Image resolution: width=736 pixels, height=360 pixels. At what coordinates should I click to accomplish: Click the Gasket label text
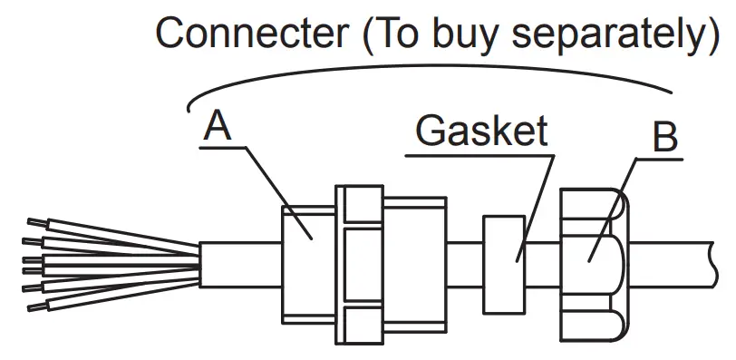pyautogui.click(x=481, y=131)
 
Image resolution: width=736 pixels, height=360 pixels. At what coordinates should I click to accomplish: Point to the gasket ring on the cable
pyautogui.click(x=505, y=264)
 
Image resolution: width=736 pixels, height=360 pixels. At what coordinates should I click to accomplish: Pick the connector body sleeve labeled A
pyautogui.click(x=307, y=263)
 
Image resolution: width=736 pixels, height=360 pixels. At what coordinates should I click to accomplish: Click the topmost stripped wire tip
pyautogui.click(x=34, y=220)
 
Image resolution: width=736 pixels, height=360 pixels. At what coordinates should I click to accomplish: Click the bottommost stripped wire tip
pyautogui.click(x=34, y=309)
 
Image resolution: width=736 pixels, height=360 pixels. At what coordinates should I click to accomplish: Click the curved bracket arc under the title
pyautogui.click(x=426, y=70)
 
